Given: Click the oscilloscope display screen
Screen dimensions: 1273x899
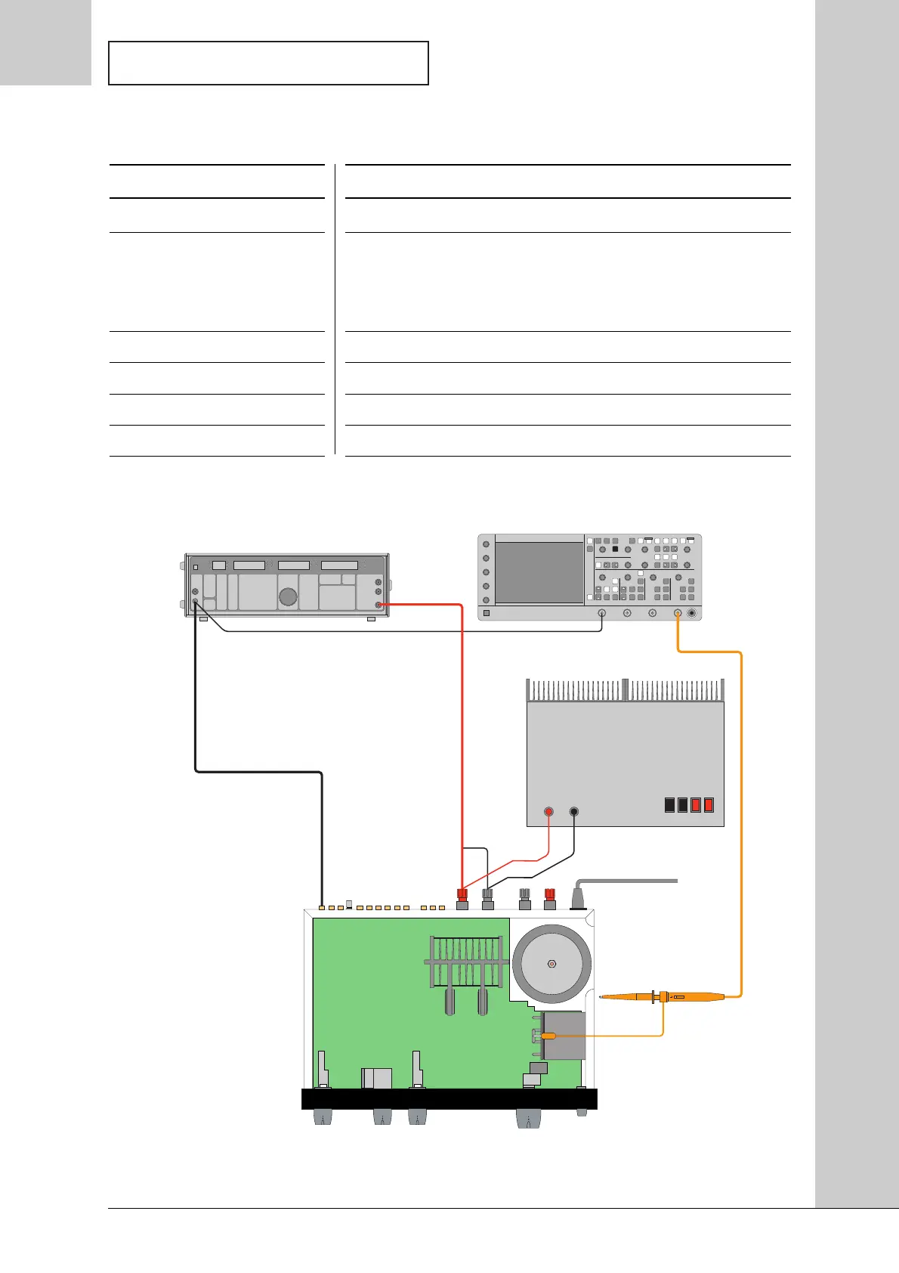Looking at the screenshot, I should coord(539,571).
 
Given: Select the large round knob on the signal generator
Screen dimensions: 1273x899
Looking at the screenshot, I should coord(288,596).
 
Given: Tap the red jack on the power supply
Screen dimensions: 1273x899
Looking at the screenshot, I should coord(549,812).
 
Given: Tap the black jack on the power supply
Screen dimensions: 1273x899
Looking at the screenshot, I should coord(574,812).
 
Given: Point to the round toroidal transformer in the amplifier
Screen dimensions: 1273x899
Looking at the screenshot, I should coord(551,964).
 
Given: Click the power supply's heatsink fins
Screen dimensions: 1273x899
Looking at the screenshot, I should coord(625,690).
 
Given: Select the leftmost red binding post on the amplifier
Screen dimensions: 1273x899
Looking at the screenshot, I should coord(462,896).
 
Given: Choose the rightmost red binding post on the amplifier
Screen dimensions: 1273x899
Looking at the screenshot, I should coord(550,896).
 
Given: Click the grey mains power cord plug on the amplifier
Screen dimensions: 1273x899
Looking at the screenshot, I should coord(579,898).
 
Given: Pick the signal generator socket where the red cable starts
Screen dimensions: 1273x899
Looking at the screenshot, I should coord(378,605).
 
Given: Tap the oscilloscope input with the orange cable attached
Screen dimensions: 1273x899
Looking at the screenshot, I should coord(678,613).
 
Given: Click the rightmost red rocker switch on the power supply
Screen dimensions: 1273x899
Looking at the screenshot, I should coord(709,805).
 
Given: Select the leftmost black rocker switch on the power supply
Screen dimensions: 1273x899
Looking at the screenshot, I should coord(669,805).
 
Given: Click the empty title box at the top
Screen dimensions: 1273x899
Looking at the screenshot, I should coord(268,63).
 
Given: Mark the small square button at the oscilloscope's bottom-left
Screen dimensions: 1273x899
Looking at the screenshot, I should coord(487,613).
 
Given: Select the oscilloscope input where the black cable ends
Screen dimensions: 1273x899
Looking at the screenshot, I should coord(601,613).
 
